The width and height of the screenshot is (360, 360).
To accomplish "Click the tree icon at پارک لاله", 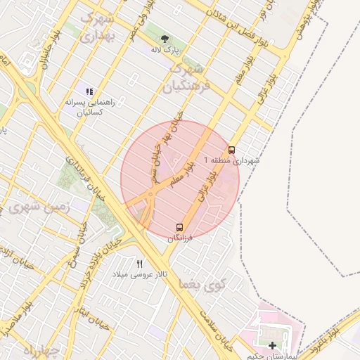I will [165, 39].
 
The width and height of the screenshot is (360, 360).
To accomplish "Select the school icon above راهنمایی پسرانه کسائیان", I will [89, 91].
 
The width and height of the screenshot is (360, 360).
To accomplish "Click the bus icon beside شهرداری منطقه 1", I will [231, 150].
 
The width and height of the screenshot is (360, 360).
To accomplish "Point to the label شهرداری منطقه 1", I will [231, 161].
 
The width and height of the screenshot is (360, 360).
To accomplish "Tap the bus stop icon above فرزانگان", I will [179, 227].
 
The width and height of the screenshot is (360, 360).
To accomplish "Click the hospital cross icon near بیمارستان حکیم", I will [272, 345].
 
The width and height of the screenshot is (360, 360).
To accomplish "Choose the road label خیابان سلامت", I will [212, 330].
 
